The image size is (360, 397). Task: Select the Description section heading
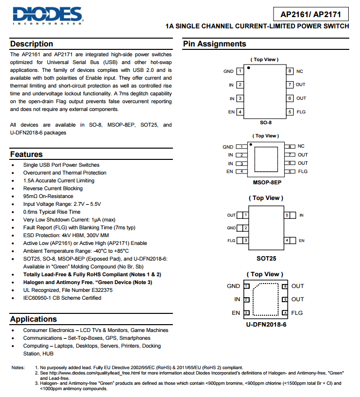(x=32, y=44)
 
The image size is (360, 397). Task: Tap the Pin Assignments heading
(x=214, y=44)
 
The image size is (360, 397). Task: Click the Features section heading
(x=26, y=154)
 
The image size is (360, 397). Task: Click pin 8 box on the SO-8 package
(x=290, y=71)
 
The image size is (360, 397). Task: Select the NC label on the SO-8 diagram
(x=299, y=71)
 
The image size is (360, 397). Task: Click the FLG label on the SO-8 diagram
(x=301, y=112)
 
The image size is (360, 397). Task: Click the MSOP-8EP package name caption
(x=267, y=182)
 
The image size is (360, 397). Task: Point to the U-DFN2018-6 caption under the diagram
(x=266, y=324)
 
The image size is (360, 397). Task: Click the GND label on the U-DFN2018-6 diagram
(x=233, y=286)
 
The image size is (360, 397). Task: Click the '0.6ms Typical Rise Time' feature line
(x=52, y=212)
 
